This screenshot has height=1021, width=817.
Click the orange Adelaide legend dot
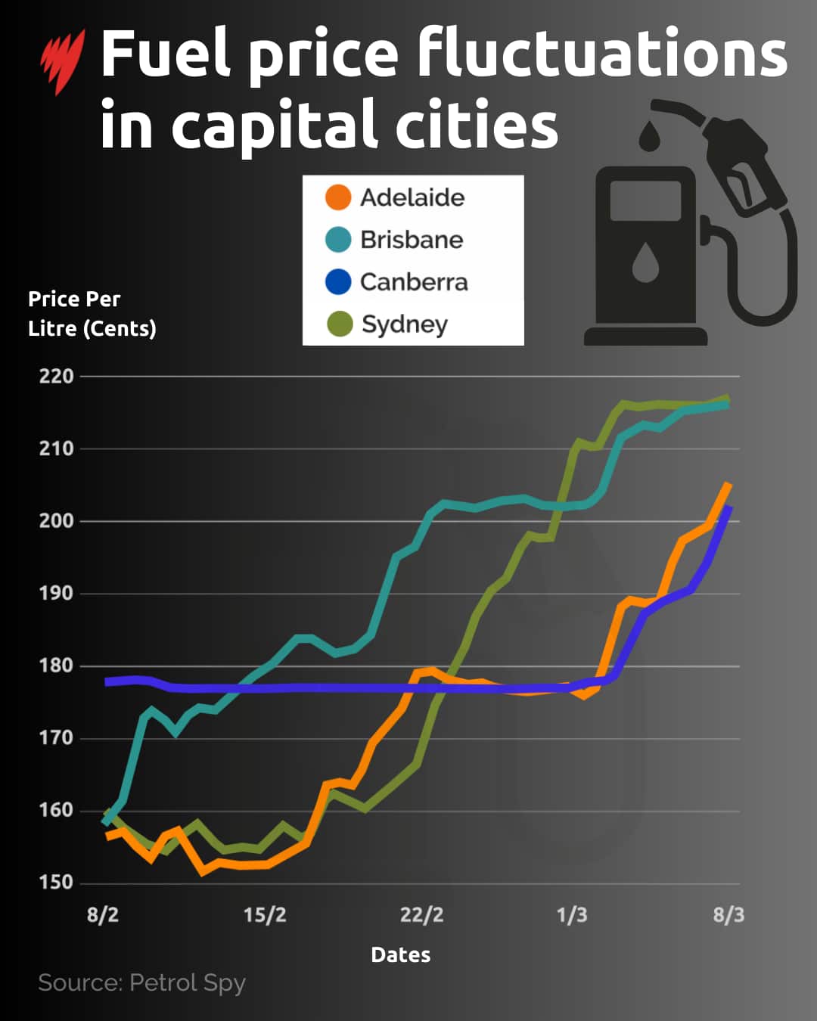tap(338, 197)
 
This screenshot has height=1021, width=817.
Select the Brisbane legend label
tap(412, 240)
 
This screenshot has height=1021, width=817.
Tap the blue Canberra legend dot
tap(338, 282)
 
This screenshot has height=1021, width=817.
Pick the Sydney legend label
tap(405, 324)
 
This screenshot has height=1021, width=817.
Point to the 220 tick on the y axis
tap(57, 376)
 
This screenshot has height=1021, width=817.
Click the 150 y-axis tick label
tap(57, 882)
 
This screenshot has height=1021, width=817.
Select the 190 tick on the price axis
tap(57, 593)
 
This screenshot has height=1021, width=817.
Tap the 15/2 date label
tap(265, 915)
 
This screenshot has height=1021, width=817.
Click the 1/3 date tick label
tap(572, 915)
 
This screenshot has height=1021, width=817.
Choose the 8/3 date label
tap(728, 915)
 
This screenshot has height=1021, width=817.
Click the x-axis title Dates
tap(401, 955)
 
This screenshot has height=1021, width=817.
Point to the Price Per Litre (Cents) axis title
tap(92, 314)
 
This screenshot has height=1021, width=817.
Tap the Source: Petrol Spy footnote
tap(142, 982)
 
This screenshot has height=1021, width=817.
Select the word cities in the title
tap(477, 126)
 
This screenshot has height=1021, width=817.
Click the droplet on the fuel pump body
tap(645, 262)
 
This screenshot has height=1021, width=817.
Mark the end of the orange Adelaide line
tap(728, 485)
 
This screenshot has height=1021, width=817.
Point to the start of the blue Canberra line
tap(107, 682)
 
